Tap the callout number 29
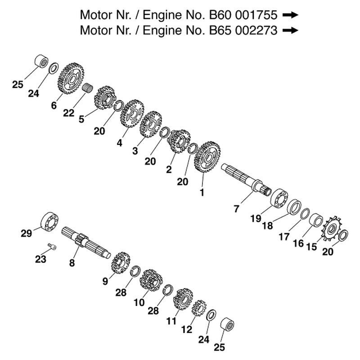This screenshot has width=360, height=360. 27,233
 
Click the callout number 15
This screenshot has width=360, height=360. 311,247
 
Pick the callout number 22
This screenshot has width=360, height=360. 68,113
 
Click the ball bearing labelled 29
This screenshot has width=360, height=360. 49,220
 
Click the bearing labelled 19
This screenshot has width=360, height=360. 279,198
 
